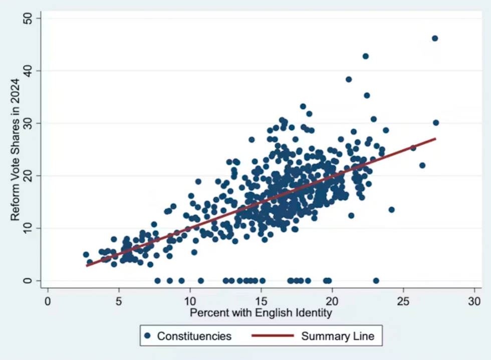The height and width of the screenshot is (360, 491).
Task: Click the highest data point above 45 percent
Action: point(435,38)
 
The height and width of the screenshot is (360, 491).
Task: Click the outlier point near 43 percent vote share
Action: point(366,56)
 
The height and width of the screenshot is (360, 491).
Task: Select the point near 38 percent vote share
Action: point(349,79)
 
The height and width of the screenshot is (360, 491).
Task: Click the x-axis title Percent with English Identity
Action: point(261,314)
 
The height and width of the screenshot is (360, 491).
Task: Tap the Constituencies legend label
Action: point(194,336)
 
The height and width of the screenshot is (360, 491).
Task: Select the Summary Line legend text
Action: point(338,336)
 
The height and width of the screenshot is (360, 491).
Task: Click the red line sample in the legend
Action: point(272,336)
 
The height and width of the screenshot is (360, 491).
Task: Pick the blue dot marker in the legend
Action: point(148,336)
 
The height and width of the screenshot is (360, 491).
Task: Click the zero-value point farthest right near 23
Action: point(376,280)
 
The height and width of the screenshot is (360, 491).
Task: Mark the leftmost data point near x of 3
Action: point(86,255)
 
